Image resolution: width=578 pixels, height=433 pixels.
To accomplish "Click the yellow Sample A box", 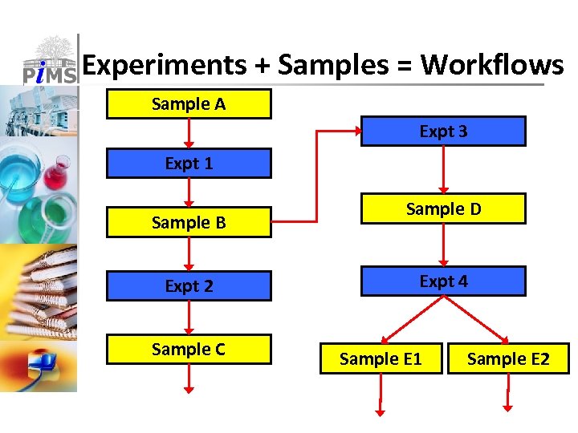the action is coord(189,104).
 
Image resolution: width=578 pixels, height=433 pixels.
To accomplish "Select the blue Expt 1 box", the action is coord(189,164).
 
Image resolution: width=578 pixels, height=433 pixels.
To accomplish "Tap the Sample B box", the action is coord(189,223).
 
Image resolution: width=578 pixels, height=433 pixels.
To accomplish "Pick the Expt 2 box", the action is coord(189,285).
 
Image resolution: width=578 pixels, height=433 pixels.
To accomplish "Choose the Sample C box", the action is coord(189,350).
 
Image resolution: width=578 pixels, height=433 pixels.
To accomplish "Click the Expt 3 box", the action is coord(443,132).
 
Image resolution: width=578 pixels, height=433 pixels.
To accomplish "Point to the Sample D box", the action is coord(443,208).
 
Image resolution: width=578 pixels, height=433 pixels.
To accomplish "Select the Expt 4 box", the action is coord(443,281).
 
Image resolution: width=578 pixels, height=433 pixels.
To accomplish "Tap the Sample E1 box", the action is coord(381,358).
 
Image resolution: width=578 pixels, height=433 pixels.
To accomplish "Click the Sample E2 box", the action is coord(508,358).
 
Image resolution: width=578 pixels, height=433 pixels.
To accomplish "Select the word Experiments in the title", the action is coord(165,64).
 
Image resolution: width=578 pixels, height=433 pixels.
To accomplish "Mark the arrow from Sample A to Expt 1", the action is coord(189,133).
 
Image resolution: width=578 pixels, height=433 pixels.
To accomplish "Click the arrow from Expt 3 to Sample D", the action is coord(443,170).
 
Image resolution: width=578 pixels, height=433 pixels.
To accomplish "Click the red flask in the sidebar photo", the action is coord(56,172).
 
